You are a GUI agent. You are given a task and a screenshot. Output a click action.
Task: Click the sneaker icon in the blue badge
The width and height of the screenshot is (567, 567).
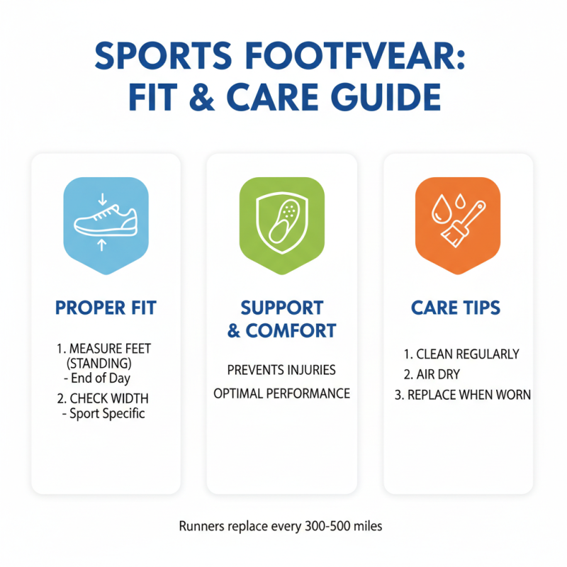point(106,220)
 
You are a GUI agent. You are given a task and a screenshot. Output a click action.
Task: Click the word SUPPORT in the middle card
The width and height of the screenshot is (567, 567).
point(282,308)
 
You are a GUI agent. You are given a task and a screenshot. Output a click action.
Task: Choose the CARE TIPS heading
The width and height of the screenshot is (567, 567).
point(456,308)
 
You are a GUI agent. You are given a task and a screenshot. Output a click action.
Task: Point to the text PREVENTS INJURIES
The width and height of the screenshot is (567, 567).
point(281,370)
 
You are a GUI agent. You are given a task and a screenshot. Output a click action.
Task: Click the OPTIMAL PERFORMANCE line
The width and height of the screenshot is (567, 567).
point(281,393)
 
